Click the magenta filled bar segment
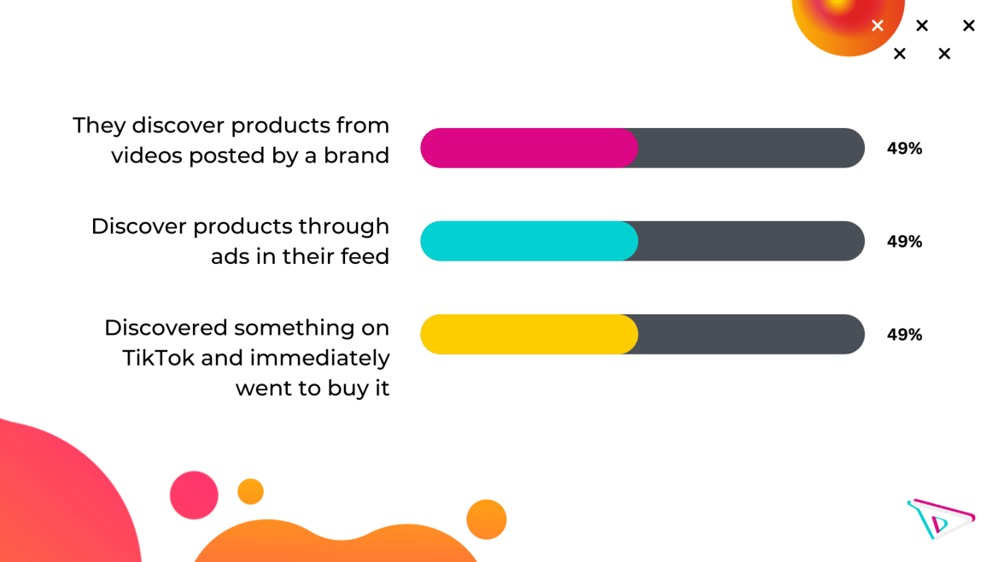(529, 148)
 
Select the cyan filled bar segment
(529, 241)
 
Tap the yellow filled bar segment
(529, 334)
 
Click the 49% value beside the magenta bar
(905, 149)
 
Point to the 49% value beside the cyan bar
(905, 242)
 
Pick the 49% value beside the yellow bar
(905, 335)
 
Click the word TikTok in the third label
(158, 358)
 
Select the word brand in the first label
(356, 155)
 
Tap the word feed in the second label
(364, 256)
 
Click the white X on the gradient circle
(877, 26)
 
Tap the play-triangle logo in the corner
(941, 518)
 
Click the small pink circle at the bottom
(194, 495)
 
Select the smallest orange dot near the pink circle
(250, 492)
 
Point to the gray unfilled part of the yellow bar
(751, 334)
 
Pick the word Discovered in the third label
(166, 327)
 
